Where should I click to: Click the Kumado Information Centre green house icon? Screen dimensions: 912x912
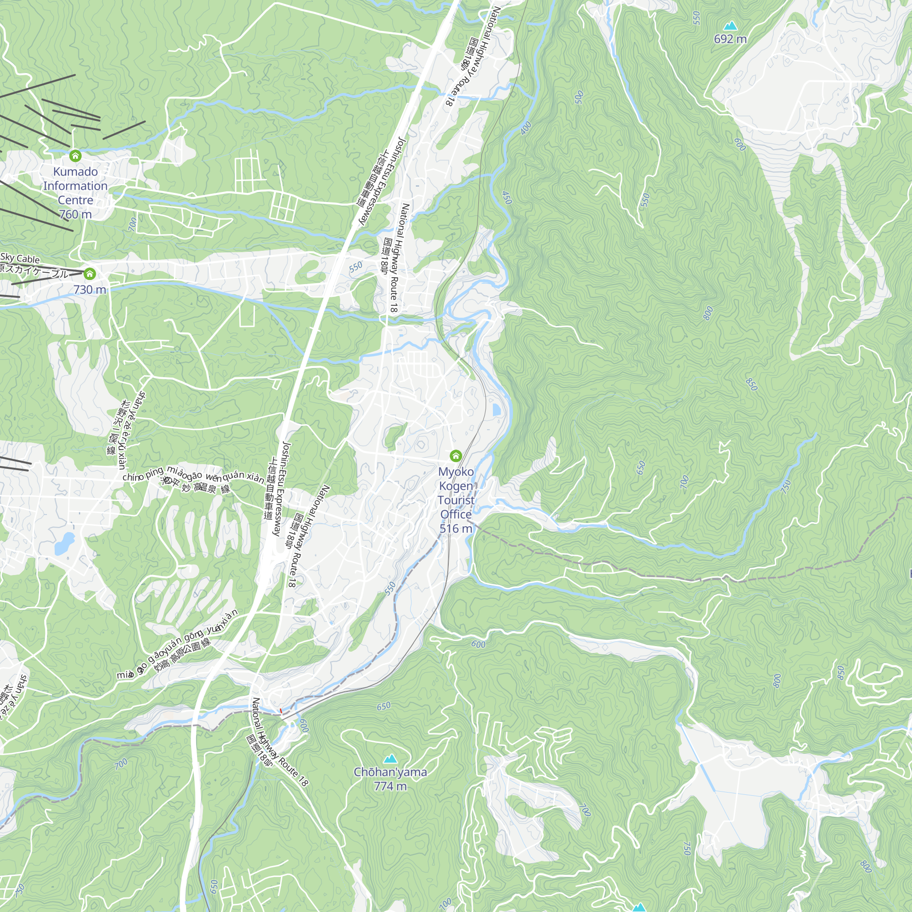coord(75,155)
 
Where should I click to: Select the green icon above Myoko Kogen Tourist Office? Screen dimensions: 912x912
coord(456,456)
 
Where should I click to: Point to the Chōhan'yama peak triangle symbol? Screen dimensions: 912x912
coord(390,759)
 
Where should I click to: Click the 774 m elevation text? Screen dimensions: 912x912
coord(390,786)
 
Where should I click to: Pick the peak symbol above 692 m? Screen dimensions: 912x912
coord(730,26)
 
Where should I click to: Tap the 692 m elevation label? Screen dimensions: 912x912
coord(730,39)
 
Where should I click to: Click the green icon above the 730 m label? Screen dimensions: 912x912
coord(90,274)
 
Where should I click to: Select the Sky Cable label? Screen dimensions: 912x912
coord(20,258)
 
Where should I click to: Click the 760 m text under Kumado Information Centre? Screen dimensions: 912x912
coord(75,214)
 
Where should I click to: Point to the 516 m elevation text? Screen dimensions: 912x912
coord(456,528)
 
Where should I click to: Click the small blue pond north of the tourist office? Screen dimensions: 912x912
coord(497,410)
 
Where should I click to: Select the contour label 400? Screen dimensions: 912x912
coord(526,128)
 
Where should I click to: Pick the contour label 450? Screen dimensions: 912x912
coord(507,198)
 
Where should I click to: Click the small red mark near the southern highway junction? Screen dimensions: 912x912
coord(281,710)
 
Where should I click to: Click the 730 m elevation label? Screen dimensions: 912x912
coord(90,290)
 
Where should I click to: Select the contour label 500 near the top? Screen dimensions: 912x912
coord(580,97)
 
